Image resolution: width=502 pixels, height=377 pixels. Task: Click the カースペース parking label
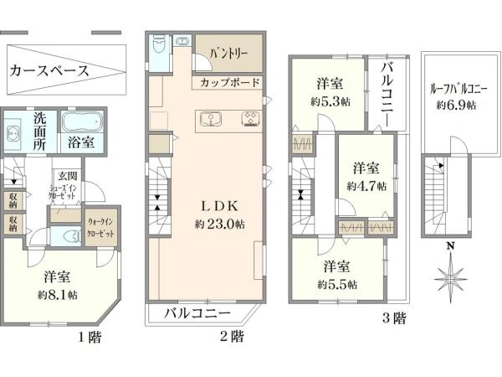point(49,70)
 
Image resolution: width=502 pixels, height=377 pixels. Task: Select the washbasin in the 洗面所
point(13,134)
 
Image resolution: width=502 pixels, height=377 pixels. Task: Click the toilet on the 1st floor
point(72,236)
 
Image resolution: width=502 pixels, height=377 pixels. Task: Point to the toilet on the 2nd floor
point(158,44)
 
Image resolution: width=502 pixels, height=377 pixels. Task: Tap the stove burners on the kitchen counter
point(250,119)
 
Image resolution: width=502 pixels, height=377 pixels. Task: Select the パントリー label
point(229,54)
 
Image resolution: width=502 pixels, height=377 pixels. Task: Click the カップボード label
point(229,83)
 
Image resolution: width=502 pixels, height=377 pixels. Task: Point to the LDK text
point(219,206)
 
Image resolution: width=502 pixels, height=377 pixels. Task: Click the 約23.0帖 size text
point(220,224)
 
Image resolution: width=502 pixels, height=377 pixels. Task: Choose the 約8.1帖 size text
point(58,295)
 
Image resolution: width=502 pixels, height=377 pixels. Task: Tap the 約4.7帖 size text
point(366,186)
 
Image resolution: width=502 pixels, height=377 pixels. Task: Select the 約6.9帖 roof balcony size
point(456,105)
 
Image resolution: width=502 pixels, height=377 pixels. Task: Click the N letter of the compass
point(451,245)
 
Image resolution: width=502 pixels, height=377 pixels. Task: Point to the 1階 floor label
point(90,337)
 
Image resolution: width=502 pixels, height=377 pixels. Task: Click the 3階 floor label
point(394,318)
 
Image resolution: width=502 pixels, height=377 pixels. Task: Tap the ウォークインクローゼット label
point(101,227)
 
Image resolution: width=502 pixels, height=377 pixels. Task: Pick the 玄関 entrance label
point(68,176)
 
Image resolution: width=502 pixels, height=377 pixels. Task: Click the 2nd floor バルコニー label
point(197,313)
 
